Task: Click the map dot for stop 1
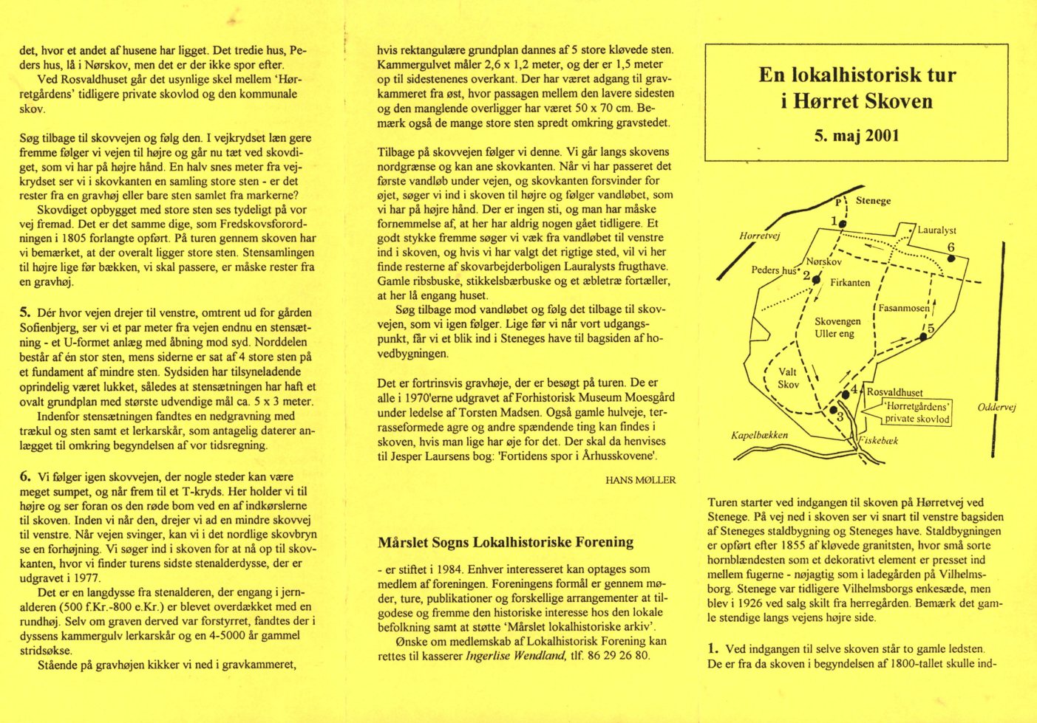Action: click(843, 222)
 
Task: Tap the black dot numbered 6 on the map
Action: click(951, 258)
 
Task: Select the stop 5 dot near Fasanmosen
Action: click(923, 337)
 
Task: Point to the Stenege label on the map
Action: click(873, 201)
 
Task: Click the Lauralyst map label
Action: click(936, 230)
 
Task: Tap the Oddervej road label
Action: click(996, 407)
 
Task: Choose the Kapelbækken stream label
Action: click(759, 435)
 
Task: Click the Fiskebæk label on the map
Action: click(880, 441)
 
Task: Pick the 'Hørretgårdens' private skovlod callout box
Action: click(917, 413)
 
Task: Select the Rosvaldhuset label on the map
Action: click(894, 393)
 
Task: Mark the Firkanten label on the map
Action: click(849, 283)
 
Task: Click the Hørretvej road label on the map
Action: click(760, 236)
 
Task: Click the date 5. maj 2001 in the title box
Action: click(857, 135)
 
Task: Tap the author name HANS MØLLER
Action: click(640, 480)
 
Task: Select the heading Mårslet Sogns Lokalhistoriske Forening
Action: click(506, 542)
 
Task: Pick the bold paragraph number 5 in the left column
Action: click(24, 312)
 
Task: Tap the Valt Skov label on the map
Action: click(788, 378)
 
